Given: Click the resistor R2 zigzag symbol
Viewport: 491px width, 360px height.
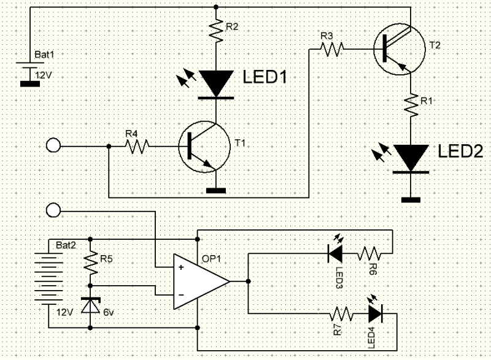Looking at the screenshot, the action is [x=216, y=30].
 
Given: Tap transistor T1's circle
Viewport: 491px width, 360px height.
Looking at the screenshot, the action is [x=204, y=147].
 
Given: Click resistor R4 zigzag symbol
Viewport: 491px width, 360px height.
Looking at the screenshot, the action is [x=137, y=146].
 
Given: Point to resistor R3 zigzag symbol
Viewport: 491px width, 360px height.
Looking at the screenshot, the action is [x=331, y=49].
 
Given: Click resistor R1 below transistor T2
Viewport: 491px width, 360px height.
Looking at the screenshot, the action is [x=411, y=105].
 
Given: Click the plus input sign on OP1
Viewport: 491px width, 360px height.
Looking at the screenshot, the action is [x=181, y=267].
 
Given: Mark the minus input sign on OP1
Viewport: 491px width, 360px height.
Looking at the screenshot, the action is [x=181, y=295].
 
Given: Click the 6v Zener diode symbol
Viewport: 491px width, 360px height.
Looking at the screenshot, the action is [x=90, y=305].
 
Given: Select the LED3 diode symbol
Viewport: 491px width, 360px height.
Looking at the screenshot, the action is [x=335, y=253].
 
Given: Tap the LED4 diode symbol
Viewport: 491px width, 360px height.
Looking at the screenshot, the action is [x=376, y=313].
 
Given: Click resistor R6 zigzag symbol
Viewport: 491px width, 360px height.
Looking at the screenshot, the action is [x=369, y=253].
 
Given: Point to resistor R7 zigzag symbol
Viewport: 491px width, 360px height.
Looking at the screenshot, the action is [x=341, y=314].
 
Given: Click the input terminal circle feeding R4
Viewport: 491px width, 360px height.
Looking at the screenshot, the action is [x=53, y=146].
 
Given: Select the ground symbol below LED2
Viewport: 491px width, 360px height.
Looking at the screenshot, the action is [x=411, y=200].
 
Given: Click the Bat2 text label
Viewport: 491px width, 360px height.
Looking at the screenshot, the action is [x=66, y=245].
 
